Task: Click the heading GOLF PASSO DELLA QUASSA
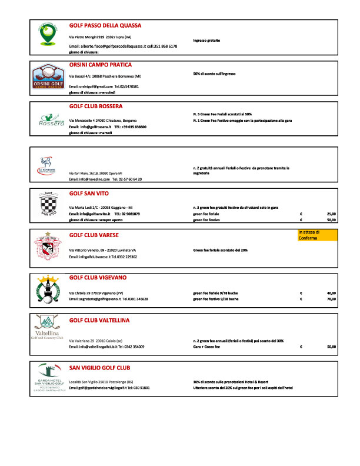[105, 26]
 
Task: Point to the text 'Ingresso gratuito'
[206, 41]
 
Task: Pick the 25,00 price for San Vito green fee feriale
[331, 214]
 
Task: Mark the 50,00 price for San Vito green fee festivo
[331, 219]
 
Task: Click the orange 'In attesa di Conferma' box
[318, 235]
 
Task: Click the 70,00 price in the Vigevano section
[331, 299]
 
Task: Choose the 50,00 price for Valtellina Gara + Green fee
[331, 347]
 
